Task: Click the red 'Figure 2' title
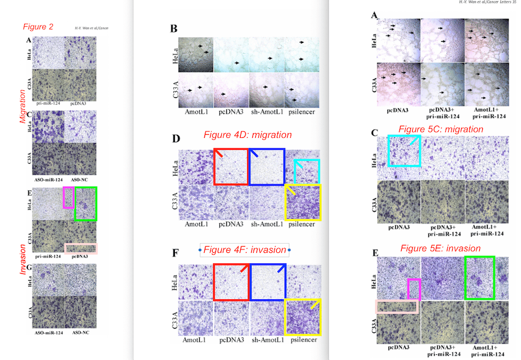[38, 27]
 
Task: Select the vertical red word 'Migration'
[22, 106]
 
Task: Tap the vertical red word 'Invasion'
[22, 259]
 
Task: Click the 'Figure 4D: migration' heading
[248, 135]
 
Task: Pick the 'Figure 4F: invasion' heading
[245, 249]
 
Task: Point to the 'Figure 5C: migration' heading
[441, 129]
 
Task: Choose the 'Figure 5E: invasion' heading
[441, 248]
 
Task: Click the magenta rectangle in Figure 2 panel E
[68, 197]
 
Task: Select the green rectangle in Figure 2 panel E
[86, 204]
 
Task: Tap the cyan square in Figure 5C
[405, 151]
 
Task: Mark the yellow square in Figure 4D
[303, 203]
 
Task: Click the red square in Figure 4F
[231, 282]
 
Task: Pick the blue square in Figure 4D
[267, 167]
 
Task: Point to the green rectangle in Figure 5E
[480, 278]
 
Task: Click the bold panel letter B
[174, 29]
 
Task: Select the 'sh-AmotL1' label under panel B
[267, 112]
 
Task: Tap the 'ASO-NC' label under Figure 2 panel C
[79, 179]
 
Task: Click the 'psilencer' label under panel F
[304, 340]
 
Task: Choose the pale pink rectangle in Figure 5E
[397, 307]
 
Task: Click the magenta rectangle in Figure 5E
[414, 289]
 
